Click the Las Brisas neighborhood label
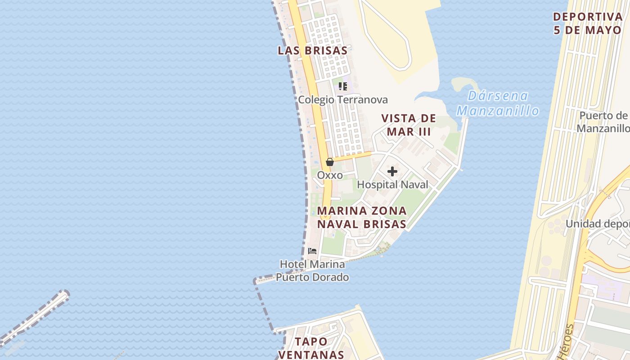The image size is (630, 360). tap(312, 50)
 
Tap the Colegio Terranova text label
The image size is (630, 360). tap(343, 100)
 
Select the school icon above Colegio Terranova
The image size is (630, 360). tap(343, 86)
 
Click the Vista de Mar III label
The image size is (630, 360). tap(409, 125)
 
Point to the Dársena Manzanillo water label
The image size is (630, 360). tap(498, 103)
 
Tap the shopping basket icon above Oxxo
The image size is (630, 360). tap(330, 162)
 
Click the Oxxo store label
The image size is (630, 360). tap(330, 175)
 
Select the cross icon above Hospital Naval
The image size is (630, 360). tap(392, 171)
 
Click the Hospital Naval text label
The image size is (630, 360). tap(392, 184)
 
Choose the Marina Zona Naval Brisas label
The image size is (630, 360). tap(362, 217)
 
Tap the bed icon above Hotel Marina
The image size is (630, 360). tap(312, 251)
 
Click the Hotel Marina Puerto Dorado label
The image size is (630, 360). tap(312, 270)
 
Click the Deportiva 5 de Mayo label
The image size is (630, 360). tap(587, 23)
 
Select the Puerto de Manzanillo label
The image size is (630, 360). tap(603, 122)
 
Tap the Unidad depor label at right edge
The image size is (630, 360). tap(597, 224)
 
